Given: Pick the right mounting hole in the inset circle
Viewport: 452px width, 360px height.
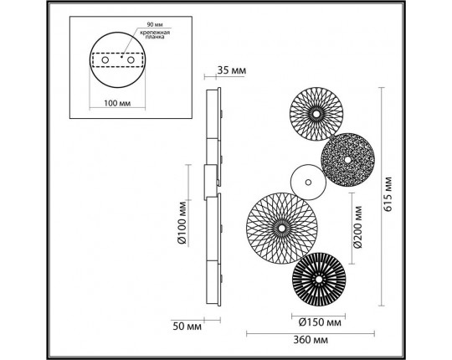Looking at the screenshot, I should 131,60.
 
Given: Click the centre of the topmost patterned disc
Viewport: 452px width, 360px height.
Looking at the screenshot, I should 317,111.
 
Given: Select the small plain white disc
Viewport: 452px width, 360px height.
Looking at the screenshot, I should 306,181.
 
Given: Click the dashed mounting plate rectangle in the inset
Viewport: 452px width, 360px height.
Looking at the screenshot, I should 118,61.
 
